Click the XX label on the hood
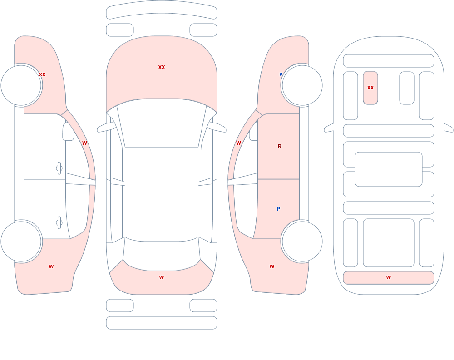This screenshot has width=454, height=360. click(162, 67)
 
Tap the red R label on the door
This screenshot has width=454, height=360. click(279, 146)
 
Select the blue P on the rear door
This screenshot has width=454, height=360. click(279, 209)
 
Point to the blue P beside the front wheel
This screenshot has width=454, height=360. click(281, 74)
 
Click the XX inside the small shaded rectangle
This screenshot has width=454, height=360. click(370, 88)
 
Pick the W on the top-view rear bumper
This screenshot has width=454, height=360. click(162, 277)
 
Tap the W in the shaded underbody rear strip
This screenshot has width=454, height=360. click(389, 277)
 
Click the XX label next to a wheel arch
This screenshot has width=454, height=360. click(42, 74)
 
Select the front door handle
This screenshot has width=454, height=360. click(59, 168)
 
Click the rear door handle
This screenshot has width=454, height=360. click(59, 223)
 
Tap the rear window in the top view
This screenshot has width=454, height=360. click(162, 255)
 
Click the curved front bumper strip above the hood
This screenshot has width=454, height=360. click(162, 10)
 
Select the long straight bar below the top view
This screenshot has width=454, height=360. click(162, 323)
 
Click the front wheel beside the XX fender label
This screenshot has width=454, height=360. click(21, 85)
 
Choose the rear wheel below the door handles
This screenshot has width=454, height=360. click(21, 241)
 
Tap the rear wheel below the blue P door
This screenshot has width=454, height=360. click(302, 241)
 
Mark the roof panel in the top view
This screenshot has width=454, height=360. click(162, 193)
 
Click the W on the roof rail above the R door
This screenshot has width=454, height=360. click(238, 143)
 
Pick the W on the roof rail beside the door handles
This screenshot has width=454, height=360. click(84, 143)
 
